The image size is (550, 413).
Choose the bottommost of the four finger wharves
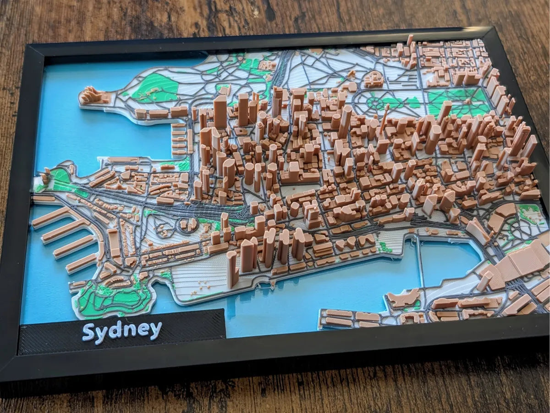pyautogui.click(x=81, y=264)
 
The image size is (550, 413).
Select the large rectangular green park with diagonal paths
pyautogui.click(x=458, y=101)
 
